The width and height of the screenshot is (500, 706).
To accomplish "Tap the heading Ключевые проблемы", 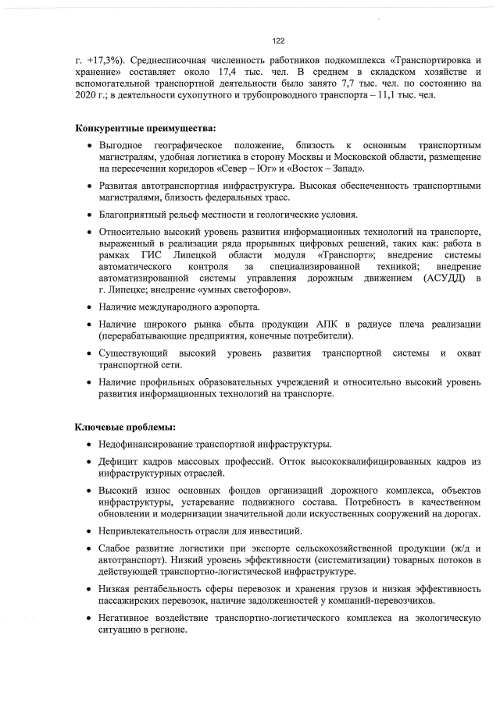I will (x=125, y=427).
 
